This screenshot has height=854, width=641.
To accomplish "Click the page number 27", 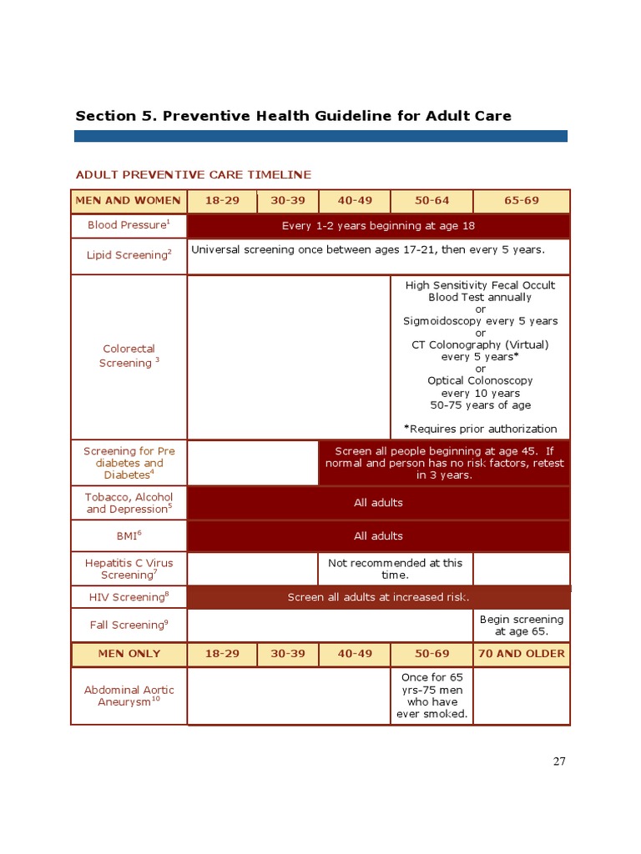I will [x=558, y=761].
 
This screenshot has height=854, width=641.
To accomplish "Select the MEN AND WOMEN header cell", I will [x=129, y=201].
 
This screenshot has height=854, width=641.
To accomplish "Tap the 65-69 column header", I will [x=522, y=201].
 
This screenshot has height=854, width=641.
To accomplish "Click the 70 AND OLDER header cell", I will [x=522, y=654].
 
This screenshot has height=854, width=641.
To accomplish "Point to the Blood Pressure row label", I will [x=129, y=225].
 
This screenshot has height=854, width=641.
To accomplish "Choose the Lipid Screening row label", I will [x=129, y=255].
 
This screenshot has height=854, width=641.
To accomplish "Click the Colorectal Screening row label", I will [x=129, y=356].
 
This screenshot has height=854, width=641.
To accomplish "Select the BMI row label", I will [x=129, y=536].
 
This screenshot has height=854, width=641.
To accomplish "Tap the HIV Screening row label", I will [x=129, y=597].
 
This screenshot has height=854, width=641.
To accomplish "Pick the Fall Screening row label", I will [x=129, y=625].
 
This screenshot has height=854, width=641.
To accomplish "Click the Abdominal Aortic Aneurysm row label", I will [x=129, y=696].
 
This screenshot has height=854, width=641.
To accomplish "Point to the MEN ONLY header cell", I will [x=129, y=654].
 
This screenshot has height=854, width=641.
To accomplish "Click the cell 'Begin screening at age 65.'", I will [x=522, y=625].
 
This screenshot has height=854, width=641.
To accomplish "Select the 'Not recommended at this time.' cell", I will [x=395, y=569].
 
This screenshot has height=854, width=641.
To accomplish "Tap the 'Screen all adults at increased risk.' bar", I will [x=378, y=597].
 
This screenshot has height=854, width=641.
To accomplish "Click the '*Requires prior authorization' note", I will [x=480, y=429].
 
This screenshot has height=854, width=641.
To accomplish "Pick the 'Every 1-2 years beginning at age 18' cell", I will [x=378, y=226].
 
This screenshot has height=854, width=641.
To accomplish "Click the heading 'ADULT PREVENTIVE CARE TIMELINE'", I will [x=193, y=174].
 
